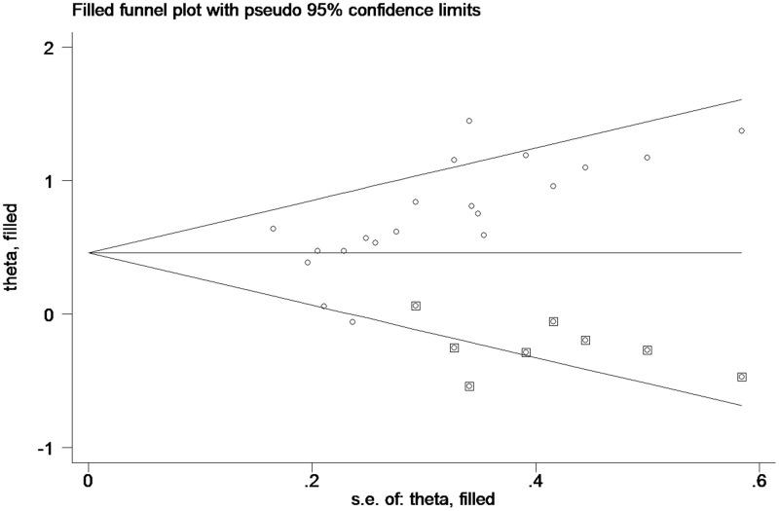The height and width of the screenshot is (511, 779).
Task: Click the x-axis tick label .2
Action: [312, 480]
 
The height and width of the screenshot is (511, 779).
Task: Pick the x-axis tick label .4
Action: [535, 480]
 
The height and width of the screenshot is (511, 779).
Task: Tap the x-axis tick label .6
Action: [758, 480]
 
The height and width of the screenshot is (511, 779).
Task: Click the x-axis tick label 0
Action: [89, 480]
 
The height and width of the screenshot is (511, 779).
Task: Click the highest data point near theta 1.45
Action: [468, 121]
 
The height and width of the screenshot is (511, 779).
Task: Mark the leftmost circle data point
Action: [273, 229]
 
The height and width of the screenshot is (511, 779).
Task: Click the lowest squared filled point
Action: [469, 386]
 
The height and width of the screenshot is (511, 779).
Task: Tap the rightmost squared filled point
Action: [742, 377]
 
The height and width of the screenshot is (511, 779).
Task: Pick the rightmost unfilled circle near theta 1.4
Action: [742, 130]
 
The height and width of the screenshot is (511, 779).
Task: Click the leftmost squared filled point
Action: [416, 306]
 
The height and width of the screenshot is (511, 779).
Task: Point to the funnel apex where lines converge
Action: [90, 253]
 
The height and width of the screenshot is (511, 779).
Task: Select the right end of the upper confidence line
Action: [742, 99]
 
